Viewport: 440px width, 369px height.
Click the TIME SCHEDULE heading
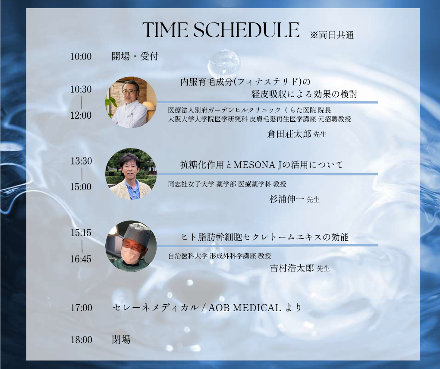click(x=221, y=30)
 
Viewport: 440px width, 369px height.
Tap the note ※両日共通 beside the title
click(x=332, y=35)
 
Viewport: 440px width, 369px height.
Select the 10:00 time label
click(x=81, y=57)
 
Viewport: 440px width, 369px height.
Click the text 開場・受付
click(x=135, y=56)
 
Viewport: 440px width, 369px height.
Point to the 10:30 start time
click(x=81, y=89)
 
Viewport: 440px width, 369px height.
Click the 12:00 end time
click(x=81, y=115)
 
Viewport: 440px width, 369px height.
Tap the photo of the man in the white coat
click(x=131, y=103)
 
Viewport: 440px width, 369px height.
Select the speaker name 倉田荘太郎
click(x=289, y=134)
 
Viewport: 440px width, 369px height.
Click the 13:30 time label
click(x=81, y=161)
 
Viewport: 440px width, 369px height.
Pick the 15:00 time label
click(x=81, y=187)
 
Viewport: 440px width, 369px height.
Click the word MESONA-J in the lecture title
click(x=258, y=165)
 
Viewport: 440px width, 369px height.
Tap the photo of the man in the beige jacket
click(x=131, y=174)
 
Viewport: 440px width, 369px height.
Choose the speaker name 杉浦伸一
click(x=286, y=199)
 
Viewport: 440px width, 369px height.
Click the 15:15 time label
click(x=81, y=233)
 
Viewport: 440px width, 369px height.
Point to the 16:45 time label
click(x=81, y=259)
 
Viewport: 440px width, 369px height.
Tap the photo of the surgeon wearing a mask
click(x=131, y=246)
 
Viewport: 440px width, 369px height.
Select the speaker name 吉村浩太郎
click(x=292, y=268)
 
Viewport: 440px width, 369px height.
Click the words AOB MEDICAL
click(x=245, y=308)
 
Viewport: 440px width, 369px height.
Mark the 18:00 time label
click(x=81, y=340)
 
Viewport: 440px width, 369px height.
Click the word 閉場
click(x=121, y=340)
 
